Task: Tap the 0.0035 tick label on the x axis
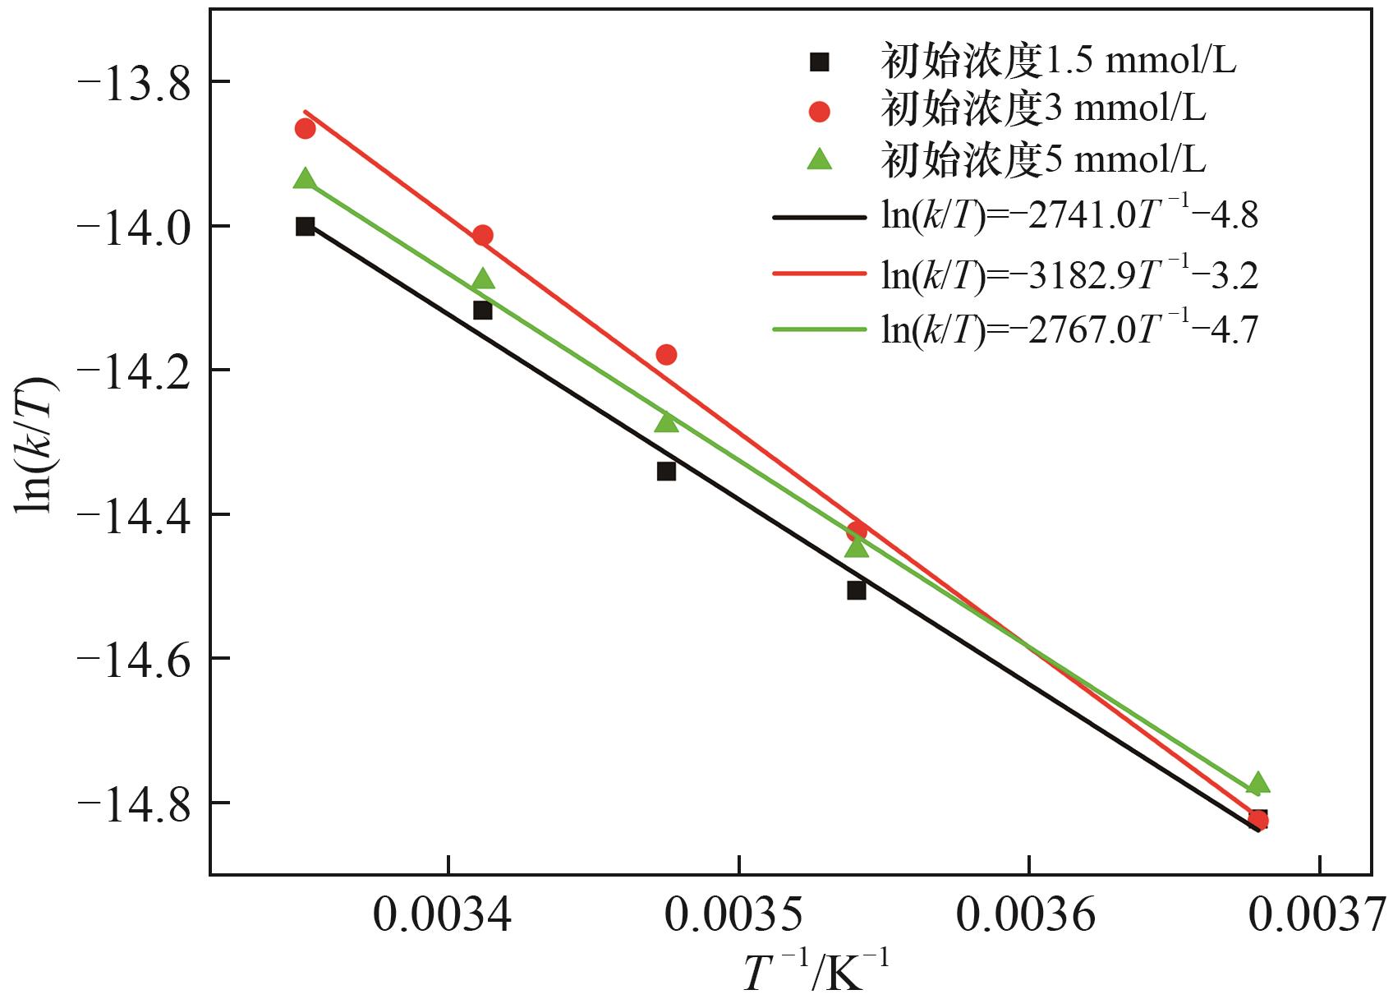pos(735,914)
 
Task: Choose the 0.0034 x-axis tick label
pos(444,914)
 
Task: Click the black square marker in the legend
pos(820,62)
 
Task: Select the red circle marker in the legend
pos(820,111)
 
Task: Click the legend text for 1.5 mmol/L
pos(1059,61)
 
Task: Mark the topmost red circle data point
pos(306,128)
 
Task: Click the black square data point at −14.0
pos(306,227)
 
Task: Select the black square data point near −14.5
pos(857,590)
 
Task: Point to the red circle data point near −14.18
pos(666,355)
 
